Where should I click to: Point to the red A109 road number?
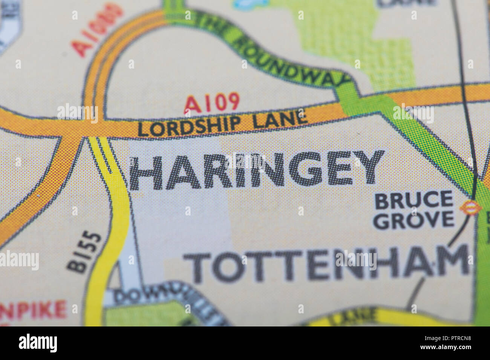pyautogui.click(x=212, y=102)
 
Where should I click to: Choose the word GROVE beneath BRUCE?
pyautogui.click(x=413, y=220)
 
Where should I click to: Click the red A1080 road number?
pyautogui.click(x=97, y=30)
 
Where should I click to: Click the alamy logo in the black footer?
pyautogui.click(x=38, y=343)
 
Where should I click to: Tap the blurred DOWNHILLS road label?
pyautogui.click(x=162, y=301)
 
